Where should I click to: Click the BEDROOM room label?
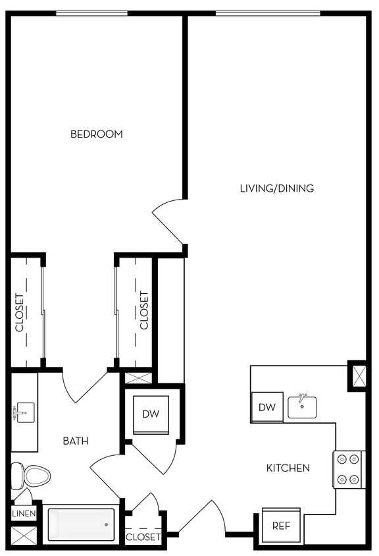[97, 134]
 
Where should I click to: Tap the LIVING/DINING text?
[276, 188]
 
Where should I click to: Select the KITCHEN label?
[288, 468]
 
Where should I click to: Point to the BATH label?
[76, 441]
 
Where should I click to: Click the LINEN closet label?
[24, 513]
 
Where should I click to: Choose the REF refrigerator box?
[282, 526]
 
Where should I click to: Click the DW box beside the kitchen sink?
[266, 408]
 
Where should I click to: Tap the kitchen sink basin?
[302, 407]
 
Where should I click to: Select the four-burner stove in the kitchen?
[349, 469]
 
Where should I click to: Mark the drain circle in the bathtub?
[106, 525]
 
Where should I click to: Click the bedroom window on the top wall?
[91, 13]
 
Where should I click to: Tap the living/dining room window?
[267, 13]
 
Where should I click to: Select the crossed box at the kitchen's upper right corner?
[357, 376]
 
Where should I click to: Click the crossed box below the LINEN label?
[24, 535]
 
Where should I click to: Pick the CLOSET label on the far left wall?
[20, 312]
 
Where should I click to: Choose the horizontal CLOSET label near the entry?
[143, 537]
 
